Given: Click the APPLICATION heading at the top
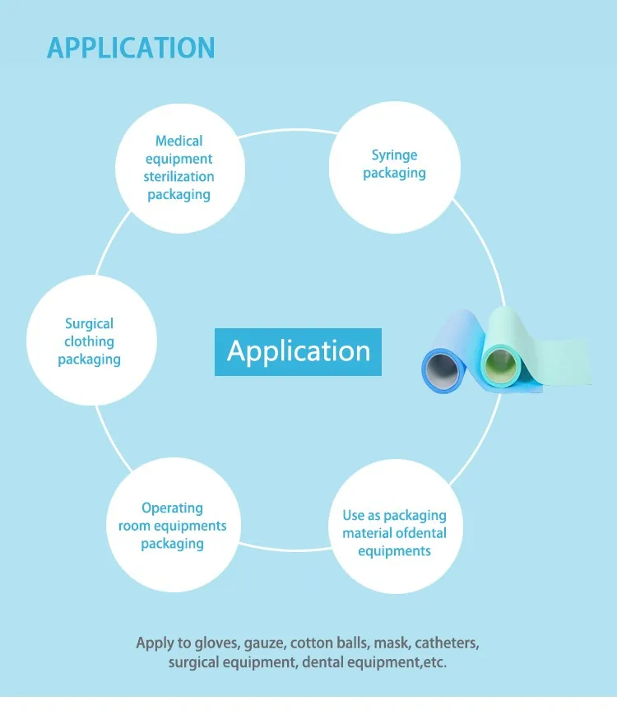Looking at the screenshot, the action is [131, 48].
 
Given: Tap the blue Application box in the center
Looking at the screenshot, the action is [298, 352].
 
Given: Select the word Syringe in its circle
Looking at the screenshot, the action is [394, 155].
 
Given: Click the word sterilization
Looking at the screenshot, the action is [179, 176].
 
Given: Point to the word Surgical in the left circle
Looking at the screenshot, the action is [89, 324].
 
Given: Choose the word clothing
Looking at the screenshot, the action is [89, 341].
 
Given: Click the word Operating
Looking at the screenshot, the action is [172, 508].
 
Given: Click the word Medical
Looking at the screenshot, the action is [179, 141].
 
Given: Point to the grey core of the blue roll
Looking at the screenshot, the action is [443, 368].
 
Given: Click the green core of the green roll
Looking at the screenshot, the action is [500, 364].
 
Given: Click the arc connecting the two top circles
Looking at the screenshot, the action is [288, 131].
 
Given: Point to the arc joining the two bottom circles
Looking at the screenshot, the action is [285, 550].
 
